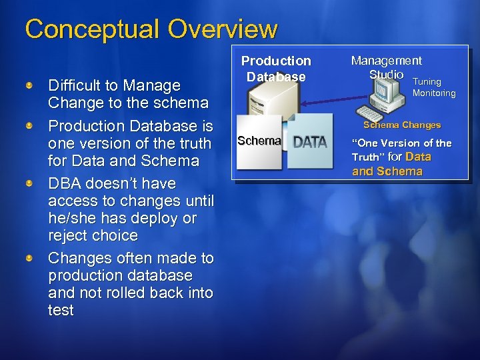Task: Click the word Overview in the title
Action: (x=223, y=29)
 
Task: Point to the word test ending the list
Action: (x=61, y=310)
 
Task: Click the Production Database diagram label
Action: (x=276, y=69)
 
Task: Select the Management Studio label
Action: (x=386, y=67)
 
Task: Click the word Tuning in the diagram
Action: (x=427, y=82)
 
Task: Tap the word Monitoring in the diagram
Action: (x=434, y=93)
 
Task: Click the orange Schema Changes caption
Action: (x=401, y=125)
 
